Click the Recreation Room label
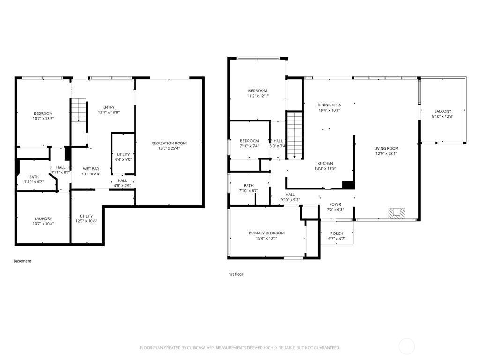pyautogui.click(x=169, y=143)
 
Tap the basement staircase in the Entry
pyautogui.click(x=79, y=111)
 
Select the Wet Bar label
pyautogui.click(x=91, y=168)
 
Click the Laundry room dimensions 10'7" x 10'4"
pyautogui.click(x=43, y=224)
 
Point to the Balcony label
pyautogui.click(x=442, y=111)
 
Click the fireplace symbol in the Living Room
pyautogui.click(x=396, y=213)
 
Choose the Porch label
pyautogui.click(x=337, y=233)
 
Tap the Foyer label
pyautogui.click(x=335, y=204)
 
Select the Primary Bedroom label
pyautogui.click(x=266, y=233)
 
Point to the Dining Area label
pyautogui.click(x=329, y=105)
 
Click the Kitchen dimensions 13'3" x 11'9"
pyautogui.click(x=325, y=168)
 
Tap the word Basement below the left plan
pyautogui.click(x=22, y=261)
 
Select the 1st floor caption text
pyautogui.click(x=236, y=274)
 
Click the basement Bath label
pyautogui.click(x=34, y=177)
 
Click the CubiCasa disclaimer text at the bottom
pyautogui.click(x=240, y=348)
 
